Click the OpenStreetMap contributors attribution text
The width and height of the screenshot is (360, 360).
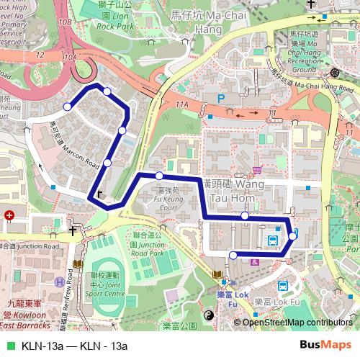pyautogui.click(x=299, y=322)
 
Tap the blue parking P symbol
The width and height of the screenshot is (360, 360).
pyautogui.click(x=222, y=97)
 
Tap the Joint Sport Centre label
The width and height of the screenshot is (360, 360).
pyautogui.click(x=99, y=284)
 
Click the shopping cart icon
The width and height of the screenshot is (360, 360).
pyautogui.click(x=257, y=170)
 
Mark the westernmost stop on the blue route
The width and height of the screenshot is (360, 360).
pyautogui.click(x=68, y=107)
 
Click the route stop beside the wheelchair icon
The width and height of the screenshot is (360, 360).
pyautogui.click(x=233, y=255)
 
